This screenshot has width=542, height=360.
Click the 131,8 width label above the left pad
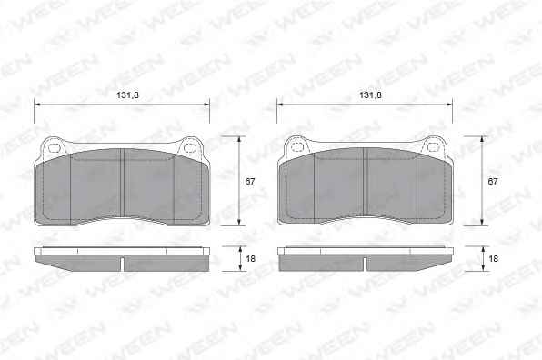[x=127, y=95]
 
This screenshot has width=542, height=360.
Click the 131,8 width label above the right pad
[x=370, y=95]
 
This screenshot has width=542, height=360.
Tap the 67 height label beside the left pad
[x=249, y=181]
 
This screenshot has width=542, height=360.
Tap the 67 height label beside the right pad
[x=493, y=181]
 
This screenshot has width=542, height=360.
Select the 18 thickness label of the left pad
[x=250, y=258]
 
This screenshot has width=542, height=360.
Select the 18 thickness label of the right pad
[x=493, y=258]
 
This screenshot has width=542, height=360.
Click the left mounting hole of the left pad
[x=55, y=148]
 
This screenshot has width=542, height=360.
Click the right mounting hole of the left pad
[x=189, y=148]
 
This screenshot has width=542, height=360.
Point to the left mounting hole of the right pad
[x=297, y=147]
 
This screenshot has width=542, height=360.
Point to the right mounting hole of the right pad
[x=432, y=147]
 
